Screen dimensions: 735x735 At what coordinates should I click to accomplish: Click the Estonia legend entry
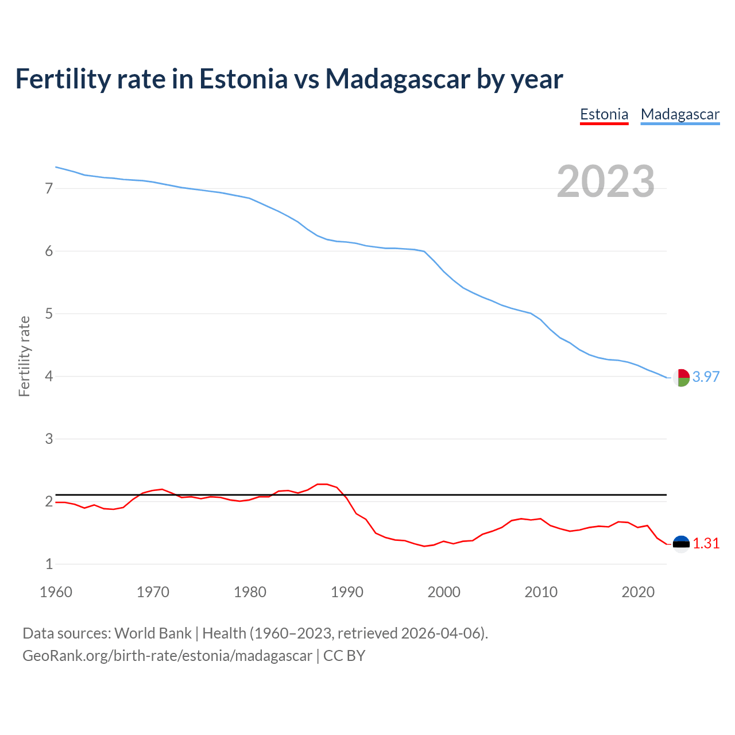tap(604, 114)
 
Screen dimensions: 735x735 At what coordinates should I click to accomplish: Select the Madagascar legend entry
tap(680, 114)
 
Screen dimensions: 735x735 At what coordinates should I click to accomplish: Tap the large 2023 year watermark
tap(606, 181)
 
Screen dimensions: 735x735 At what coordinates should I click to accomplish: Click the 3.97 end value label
tap(706, 377)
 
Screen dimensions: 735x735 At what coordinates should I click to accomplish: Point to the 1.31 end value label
tap(706, 543)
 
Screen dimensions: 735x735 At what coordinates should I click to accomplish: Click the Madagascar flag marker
tap(681, 378)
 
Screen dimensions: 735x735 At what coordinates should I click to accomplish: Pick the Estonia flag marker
tap(681, 544)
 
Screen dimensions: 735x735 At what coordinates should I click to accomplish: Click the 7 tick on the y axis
tap(49, 188)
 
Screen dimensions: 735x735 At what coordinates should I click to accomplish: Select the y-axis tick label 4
tap(49, 377)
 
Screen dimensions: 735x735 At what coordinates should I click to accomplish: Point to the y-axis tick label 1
tap(49, 564)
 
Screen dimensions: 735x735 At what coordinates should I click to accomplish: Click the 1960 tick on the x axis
tap(56, 592)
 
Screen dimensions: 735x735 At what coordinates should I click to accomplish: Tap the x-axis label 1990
tap(347, 592)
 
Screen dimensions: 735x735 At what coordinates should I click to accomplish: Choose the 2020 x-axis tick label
tap(638, 592)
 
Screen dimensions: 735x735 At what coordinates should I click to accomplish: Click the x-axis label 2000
tap(444, 592)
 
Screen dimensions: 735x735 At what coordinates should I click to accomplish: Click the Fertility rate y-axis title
tap(24, 356)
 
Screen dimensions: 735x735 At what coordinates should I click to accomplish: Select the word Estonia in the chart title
tap(243, 79)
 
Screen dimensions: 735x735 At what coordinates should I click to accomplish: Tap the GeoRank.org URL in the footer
tap(167, 656)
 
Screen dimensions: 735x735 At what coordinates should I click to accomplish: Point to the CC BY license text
tap(344, 656)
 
